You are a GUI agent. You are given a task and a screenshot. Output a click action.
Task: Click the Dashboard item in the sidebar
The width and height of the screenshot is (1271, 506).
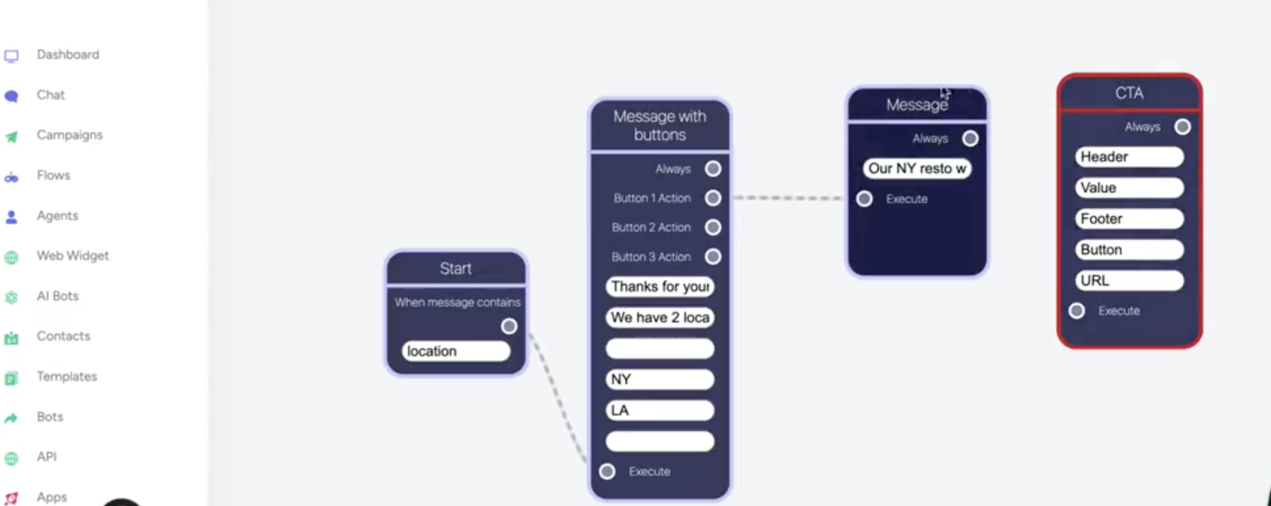click(x=67, y=55)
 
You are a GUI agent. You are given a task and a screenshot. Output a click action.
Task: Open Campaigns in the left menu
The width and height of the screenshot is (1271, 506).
click(x=69, y=135)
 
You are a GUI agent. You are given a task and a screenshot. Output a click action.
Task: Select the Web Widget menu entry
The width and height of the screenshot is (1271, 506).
click(x=72, y=256)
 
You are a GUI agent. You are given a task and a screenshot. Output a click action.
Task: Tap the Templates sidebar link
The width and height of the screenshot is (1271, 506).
click(x=66, y=376)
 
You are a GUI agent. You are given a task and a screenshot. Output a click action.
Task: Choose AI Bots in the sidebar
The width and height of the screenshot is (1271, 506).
click(x=57, y=296)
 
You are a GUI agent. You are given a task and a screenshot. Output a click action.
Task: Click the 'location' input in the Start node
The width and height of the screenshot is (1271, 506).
click(x=456, y=351)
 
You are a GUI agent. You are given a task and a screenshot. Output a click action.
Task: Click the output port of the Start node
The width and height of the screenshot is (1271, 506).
click(x=509, y=326)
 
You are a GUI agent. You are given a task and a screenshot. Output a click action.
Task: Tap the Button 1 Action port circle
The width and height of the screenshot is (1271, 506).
click(x=713, y=198)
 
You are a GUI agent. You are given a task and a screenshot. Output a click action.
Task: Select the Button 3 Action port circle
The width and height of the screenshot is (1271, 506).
click(x=713, y=257)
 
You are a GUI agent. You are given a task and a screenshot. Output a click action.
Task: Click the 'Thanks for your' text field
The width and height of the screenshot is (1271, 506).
click(x=660, y=286)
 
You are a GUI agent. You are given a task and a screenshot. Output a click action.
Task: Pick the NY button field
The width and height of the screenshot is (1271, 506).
click(x=660, y=379)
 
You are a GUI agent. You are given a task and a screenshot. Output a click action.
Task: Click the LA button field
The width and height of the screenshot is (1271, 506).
click(x=660, y=411)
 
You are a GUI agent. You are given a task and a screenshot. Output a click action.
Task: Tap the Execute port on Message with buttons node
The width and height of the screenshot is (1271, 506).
click(x=608, y=472)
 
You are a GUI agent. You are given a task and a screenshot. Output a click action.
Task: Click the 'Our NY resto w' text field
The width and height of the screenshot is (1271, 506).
click(x=917, y=169)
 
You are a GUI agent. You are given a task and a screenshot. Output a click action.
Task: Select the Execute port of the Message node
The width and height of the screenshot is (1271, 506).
click(x=865, y=199)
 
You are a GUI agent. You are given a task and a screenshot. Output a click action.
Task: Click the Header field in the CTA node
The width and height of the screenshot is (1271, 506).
click(x=1129, y=157)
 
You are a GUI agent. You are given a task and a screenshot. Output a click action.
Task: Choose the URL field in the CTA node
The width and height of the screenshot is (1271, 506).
click(x=1129, y=281)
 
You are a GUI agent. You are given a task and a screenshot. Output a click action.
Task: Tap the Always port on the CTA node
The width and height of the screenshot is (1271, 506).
click(x=1182, y=127)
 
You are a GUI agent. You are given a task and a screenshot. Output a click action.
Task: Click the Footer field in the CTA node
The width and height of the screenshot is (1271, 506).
click(x=1129, y=219)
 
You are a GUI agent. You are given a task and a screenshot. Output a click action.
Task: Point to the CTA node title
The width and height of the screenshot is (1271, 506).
click(x=1129, y=93)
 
